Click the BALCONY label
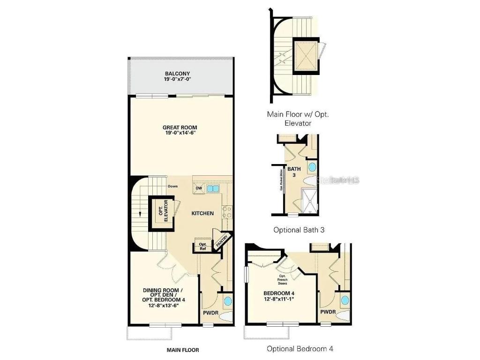point(178,74)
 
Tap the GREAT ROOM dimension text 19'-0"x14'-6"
point(180,133)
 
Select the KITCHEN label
point(202,213)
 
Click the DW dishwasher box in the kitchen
point(199,188)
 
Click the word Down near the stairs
point(173,186)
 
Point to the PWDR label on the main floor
point(211,312)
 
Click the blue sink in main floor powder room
point(227,300)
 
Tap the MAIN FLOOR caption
point(183,350)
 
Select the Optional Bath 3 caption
point(299,230)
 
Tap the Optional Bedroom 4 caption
point(300,349)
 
